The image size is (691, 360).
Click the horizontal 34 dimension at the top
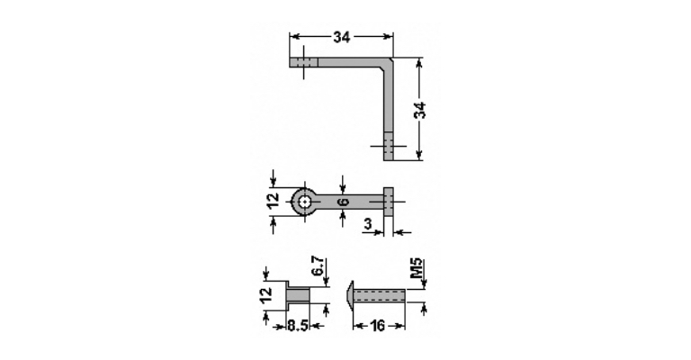click(x=342, y=38)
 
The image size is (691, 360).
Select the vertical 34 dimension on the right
click(x=421, y=110)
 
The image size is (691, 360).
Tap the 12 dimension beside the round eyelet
click(x=274, y=200)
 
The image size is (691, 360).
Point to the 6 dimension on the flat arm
click(x=344, y=202)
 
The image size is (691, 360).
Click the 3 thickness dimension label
click(x=368, y=224)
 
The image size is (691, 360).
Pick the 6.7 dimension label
click(x=319, y=267)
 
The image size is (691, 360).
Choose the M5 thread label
click(x=417, y=268)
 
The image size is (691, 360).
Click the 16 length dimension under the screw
click(x=378, y=326)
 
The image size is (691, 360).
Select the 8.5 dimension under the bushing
click(x=298, y=327)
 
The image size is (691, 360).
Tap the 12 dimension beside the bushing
click(x=266, y=295)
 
